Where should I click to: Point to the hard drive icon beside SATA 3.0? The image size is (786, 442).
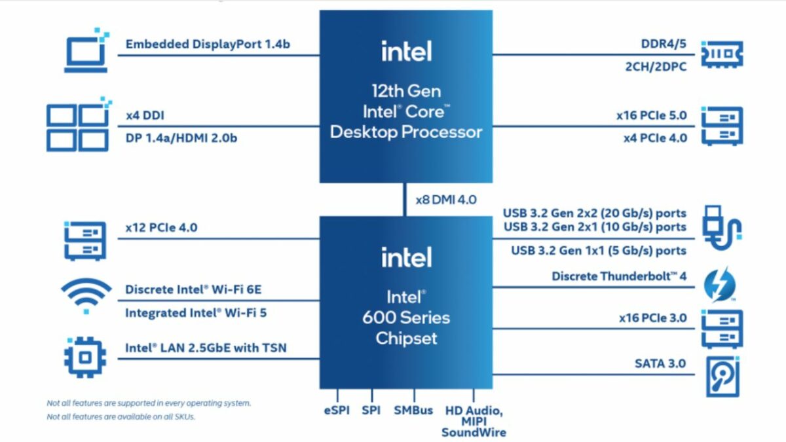click(722, 376)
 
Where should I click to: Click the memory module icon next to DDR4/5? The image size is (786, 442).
click(722, 54)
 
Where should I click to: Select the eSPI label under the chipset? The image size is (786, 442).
click(336, 411)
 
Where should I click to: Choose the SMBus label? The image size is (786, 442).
click(413, 411)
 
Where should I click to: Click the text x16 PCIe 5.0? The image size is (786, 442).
click(651, 115)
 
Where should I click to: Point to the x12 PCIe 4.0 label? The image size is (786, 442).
click(161, 228)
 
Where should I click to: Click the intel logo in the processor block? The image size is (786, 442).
click(406, 50)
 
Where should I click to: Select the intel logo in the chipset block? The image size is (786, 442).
click(406, 257)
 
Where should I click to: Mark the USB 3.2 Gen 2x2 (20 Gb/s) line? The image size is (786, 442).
click(594, 213)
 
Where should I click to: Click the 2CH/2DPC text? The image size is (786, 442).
click(654, 66)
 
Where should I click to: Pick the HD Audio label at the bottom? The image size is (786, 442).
click(474, 411)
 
